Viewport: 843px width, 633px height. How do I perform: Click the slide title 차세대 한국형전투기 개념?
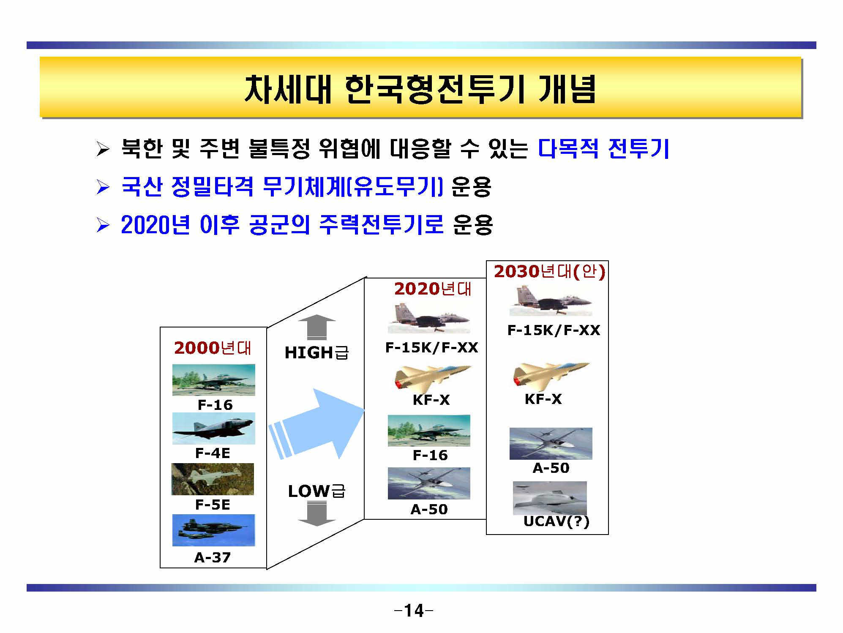point(420,89)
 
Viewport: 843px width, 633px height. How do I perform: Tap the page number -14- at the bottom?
point(413,611)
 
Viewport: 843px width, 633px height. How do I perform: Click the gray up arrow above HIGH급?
point(316,327)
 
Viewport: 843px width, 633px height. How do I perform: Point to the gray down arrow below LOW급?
point(316,513)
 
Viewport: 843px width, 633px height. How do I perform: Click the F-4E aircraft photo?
point(213,428)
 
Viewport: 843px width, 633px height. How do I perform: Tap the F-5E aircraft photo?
point(213,479)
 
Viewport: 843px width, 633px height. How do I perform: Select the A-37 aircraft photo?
point(213,530)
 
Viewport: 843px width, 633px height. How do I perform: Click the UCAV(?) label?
point(556,521)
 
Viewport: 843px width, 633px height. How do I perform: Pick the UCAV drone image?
point(550,498)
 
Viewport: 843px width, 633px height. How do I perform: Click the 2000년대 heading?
point(213,348)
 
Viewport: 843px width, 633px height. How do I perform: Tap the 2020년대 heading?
point(432,289)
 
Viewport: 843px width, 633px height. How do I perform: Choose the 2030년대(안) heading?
point(549,271)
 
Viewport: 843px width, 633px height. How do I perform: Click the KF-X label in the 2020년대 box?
point(431,400)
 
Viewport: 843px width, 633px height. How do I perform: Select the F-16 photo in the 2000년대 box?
point(213,379)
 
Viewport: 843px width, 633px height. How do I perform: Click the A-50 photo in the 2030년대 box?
point(551,443)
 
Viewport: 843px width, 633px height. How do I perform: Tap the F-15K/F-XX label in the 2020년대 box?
point(431,348)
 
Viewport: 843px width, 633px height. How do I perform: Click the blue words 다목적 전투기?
point(604,149)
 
